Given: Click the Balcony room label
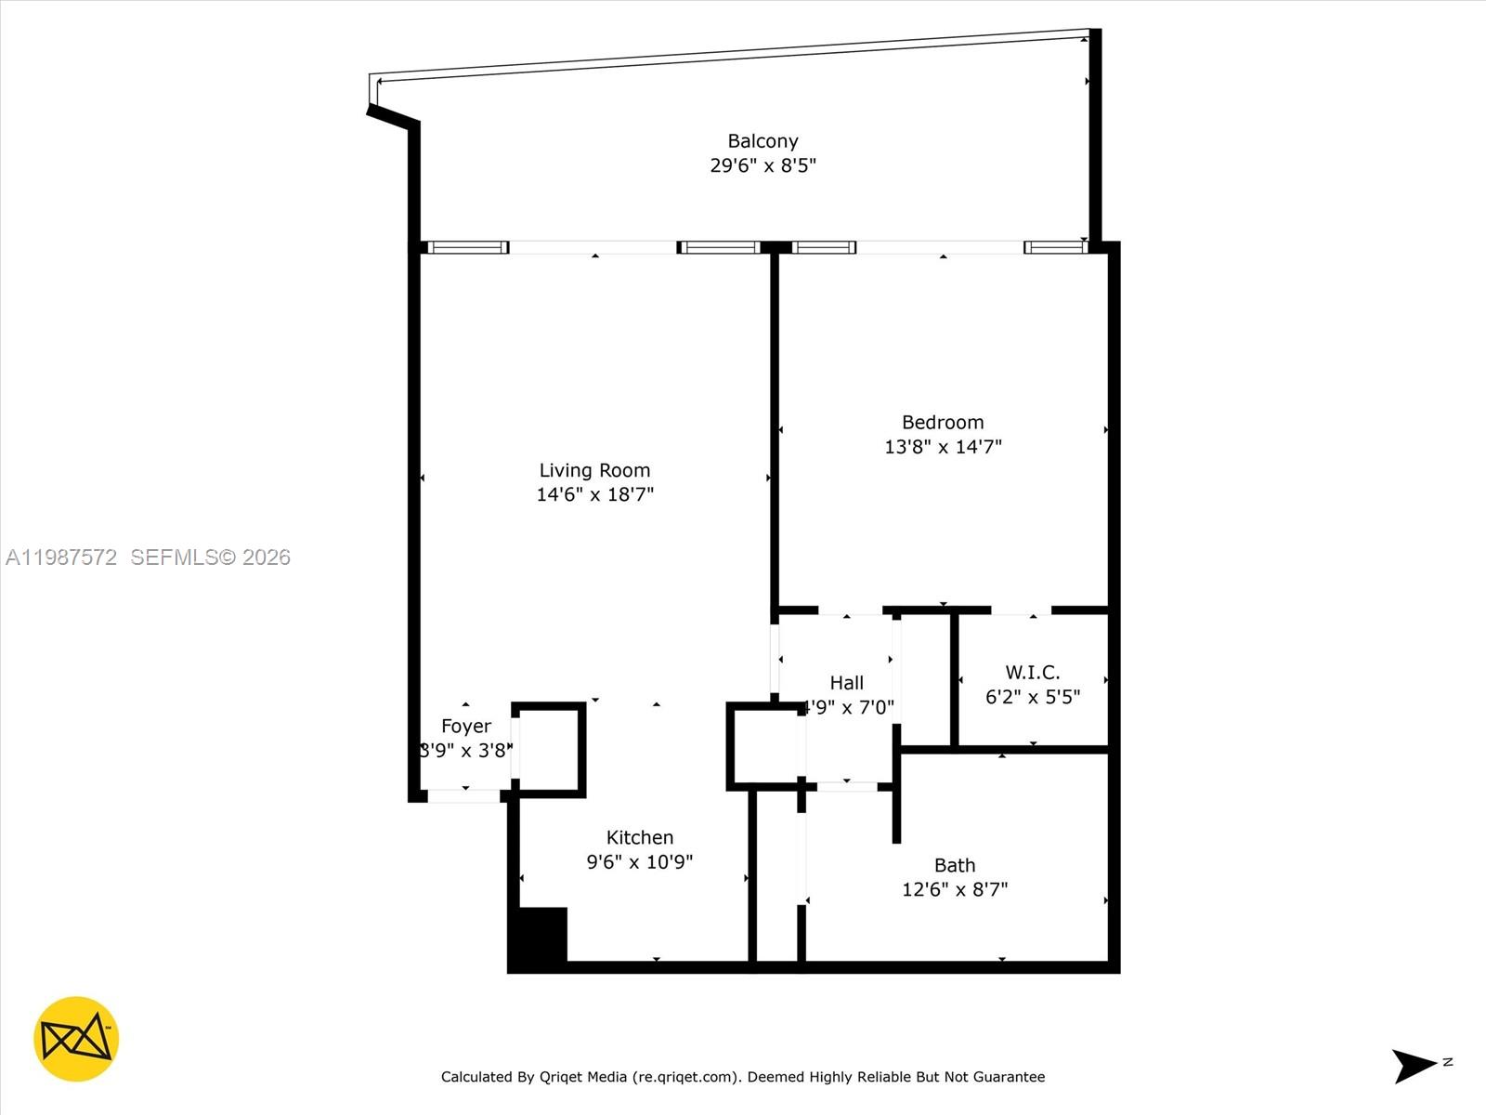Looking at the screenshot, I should click(763, 141).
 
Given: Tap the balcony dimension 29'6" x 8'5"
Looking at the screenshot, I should click(763, 165).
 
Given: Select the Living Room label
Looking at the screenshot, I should click(594, 470).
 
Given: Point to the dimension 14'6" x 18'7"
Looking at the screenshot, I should click(594, 494).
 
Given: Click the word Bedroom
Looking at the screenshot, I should click(943, 422).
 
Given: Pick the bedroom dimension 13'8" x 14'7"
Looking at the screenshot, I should click(943, 446).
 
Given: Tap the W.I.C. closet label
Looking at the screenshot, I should click(1032, 672).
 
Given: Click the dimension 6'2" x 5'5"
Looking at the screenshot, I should click(1032, 697).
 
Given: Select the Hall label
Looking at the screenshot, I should click(846, 683).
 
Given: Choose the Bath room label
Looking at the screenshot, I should click(955, 865).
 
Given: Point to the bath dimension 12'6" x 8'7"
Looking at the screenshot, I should click(955, 889).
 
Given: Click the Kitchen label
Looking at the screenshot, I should click(639, 837).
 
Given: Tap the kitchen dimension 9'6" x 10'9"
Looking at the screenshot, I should click(639, 861).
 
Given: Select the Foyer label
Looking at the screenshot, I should click(466, 726).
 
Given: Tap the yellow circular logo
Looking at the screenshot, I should click(76, 1039).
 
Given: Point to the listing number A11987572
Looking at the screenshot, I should click(61, 557).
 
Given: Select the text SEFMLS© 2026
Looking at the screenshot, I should click(210, 557).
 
